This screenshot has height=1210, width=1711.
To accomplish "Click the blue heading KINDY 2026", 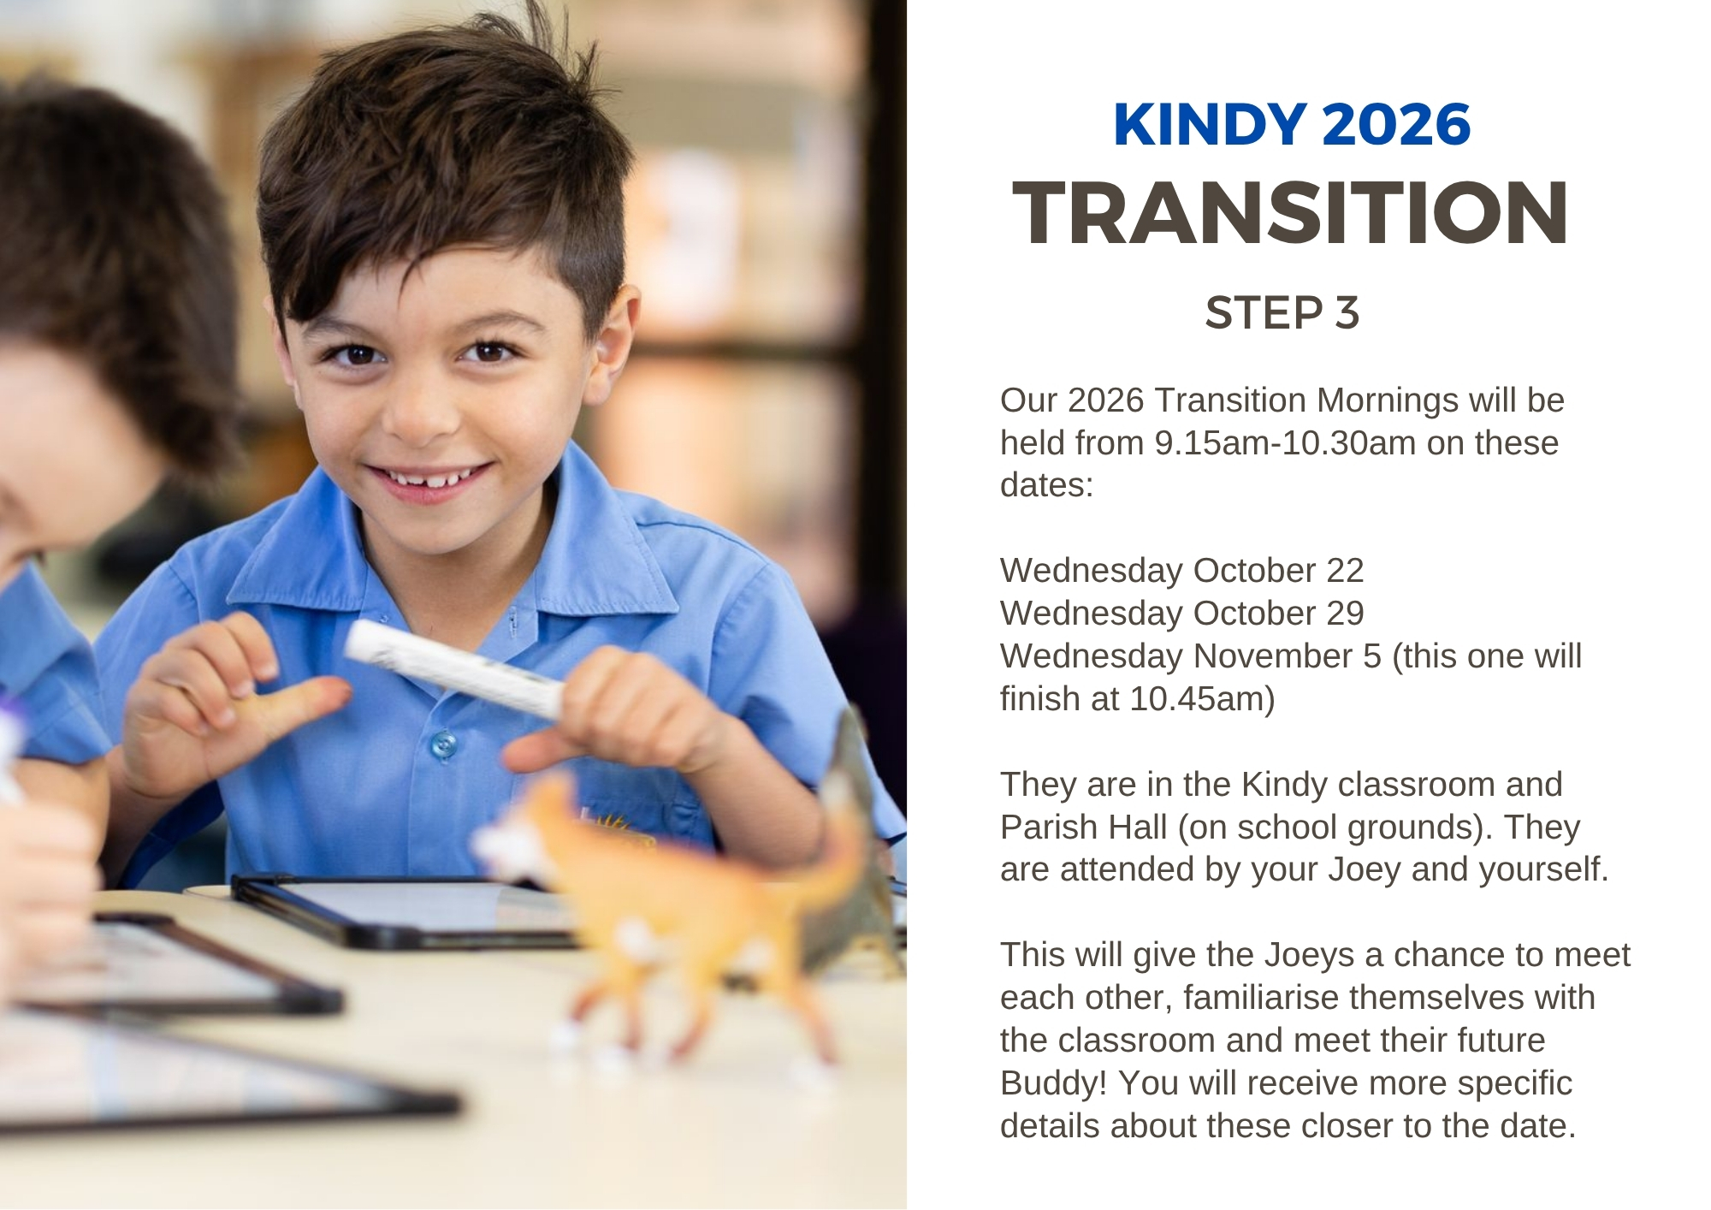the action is pos(1292,125).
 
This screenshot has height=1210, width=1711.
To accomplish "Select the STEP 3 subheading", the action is pos(1282,313).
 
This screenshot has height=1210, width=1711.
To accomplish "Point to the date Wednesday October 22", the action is pos(1181,571).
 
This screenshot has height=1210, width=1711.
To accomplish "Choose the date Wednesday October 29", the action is pos(1181,614).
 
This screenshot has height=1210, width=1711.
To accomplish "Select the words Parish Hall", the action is pos(1084,827).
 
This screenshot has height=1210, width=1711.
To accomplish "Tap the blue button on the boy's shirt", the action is pos(442,744).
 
